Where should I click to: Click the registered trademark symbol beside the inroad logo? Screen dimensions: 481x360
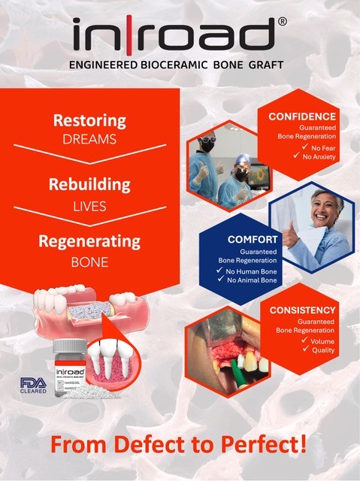[x=281, y=23]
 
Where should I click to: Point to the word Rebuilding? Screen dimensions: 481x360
[x=89, y=184]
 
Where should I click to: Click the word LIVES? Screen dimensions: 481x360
[x=89, y=204]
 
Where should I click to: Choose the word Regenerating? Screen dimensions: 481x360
[x=89, y=242]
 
